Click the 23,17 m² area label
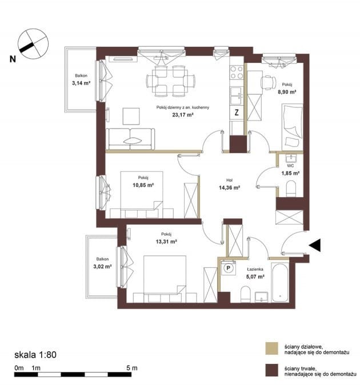pos(183,114)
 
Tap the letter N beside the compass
pos(13,59)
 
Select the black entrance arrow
pos(314,245)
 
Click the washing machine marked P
pos(229,268)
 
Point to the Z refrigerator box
pos(237,113)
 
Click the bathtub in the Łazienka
pos(279,282)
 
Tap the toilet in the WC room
pos(291,189)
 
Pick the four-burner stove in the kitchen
pos(237,72)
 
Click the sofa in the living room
pos(130,139)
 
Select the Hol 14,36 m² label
pos(229,185)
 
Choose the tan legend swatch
pos(272,348)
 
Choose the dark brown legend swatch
pos(272,370)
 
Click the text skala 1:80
pos(35,355)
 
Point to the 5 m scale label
pos(132,368)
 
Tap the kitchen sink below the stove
pos(237,96)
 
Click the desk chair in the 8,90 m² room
pos(269,82)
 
